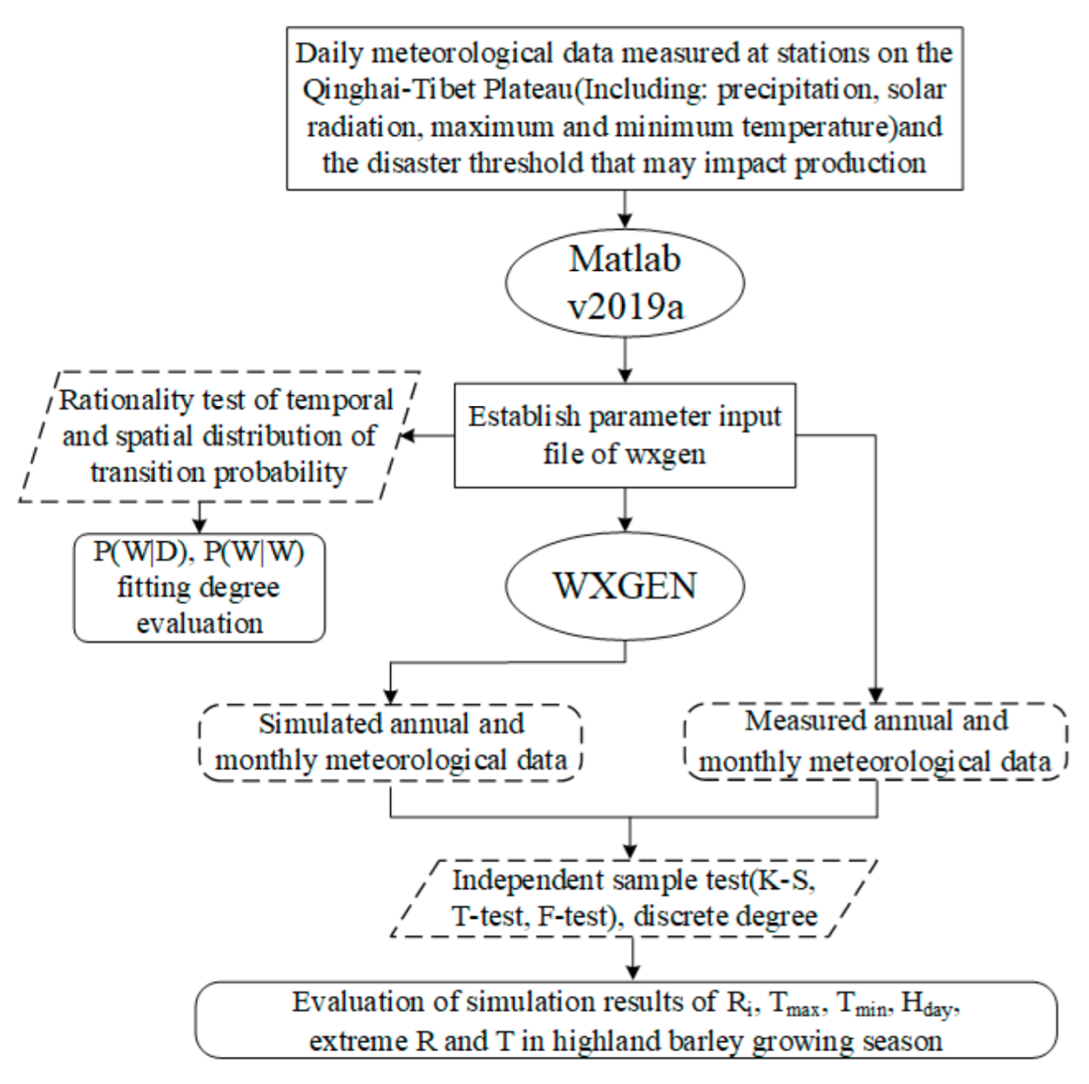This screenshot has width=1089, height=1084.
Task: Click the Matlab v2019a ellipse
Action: pos(624,282)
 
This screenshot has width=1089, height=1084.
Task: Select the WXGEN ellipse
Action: pos(624,585)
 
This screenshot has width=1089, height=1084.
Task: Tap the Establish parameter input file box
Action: pos(624,435)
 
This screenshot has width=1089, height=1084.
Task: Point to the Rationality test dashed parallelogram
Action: pos(219,436)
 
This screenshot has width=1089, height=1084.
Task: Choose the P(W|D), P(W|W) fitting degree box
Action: pos(199,587)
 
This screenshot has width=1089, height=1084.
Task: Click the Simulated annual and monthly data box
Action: pos(390,742)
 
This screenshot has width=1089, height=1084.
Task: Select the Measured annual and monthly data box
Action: pos(876,741)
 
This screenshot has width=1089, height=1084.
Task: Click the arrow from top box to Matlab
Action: pos(625,209)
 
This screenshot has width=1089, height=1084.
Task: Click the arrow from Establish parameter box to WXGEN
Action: pos(625,510)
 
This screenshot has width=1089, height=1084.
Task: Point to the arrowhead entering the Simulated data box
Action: pos(390,695)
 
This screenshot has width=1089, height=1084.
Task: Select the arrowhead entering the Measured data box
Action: pos(876,694)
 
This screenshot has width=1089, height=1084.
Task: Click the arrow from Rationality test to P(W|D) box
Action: pos(199,518)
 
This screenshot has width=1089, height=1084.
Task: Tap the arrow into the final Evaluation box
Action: pos(632,960)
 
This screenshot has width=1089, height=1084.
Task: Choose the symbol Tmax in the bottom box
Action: pos(795,1003)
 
